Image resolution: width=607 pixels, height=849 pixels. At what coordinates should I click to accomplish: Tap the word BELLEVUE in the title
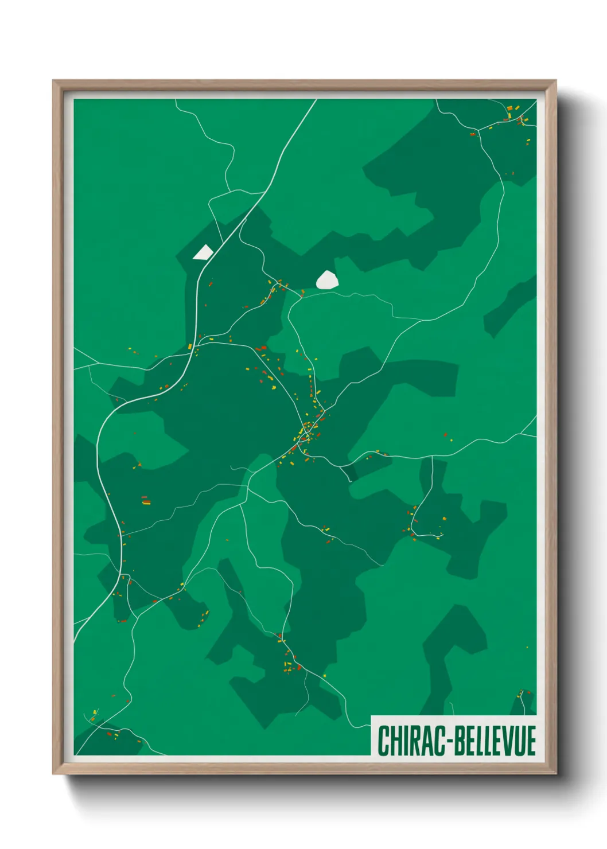[x=496, y=741]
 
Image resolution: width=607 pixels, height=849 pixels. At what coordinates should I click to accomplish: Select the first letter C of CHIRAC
[x=383, y=741]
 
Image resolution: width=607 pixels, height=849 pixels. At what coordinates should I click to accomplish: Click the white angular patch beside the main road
[x=203, y=252]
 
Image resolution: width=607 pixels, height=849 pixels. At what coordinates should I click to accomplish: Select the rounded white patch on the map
[x=327, y=280]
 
